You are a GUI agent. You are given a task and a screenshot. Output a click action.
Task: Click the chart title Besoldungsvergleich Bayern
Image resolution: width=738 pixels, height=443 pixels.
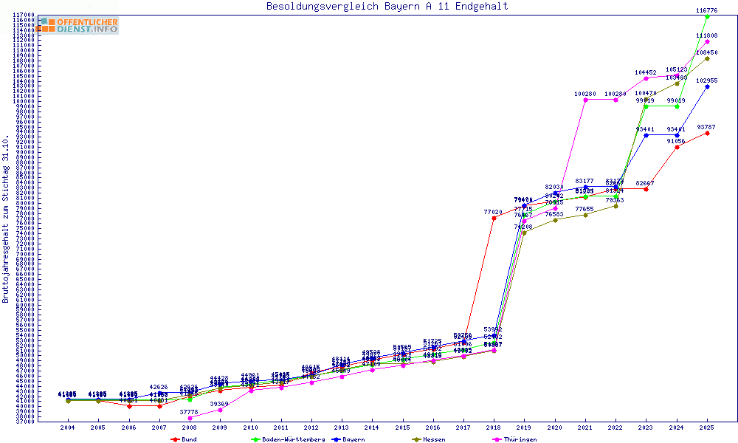(387, 7)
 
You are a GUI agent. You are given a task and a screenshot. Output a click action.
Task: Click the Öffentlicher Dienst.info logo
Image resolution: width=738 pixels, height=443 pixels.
(79, 25)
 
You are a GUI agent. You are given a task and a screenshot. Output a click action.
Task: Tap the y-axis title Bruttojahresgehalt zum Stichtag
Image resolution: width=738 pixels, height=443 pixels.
(6, 219)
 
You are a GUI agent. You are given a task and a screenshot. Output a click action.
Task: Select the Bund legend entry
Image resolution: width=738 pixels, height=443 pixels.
(184, 439)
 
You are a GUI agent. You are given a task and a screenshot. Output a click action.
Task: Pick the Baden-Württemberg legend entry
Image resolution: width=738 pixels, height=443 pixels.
(287, 439)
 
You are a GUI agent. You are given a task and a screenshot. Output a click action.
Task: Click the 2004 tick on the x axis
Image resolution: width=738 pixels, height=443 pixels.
(67, 427)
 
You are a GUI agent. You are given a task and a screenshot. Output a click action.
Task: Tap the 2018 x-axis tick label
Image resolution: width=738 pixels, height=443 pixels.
(494, 427)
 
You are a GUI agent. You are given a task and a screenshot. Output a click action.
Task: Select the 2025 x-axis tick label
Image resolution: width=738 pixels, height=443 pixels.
(707, 427)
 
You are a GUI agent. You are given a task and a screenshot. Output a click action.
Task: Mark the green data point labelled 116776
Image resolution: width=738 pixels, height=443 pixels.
(707, 16)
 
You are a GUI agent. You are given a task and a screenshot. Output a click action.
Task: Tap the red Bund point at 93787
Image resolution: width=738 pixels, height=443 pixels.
(707, 133)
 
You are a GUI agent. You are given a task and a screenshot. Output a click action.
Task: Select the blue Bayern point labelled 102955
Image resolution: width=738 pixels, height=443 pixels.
(707, 86)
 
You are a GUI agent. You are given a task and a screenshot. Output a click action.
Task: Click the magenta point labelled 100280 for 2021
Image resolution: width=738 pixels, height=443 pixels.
(585, 100)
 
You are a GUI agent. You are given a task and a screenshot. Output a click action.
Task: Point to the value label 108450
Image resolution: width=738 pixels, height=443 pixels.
(707, 52)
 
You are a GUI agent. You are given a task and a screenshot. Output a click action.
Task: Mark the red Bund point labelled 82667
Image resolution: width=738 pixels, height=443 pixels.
(646, 190)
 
